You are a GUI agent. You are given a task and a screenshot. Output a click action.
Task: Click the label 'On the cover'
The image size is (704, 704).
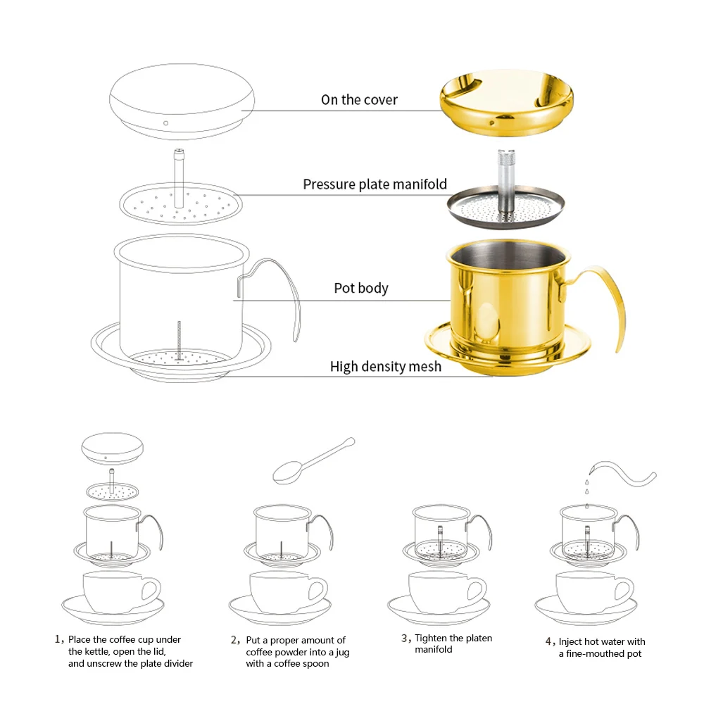coord(359,100)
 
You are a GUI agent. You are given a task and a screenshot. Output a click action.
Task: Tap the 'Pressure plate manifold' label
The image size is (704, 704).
coord(375,184)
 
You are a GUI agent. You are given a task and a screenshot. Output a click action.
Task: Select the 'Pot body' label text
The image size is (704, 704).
coord(361,288)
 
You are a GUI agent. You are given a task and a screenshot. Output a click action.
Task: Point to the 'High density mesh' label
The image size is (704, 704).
coord(386,367)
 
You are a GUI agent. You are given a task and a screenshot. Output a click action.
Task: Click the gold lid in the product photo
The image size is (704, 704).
coord(506,102)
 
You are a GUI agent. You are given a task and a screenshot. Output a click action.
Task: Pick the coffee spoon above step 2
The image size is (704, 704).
coord(313,460)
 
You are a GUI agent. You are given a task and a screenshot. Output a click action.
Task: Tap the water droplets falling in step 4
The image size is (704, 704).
coord(587,493)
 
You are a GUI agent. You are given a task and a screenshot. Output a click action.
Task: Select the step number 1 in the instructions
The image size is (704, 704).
coord(58,639)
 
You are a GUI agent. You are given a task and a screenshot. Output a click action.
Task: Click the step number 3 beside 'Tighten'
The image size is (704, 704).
coord(406,638)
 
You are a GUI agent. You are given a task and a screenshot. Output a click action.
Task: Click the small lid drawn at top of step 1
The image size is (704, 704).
coord(112,449)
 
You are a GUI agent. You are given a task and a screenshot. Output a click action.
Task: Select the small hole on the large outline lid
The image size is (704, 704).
coord(165,123)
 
